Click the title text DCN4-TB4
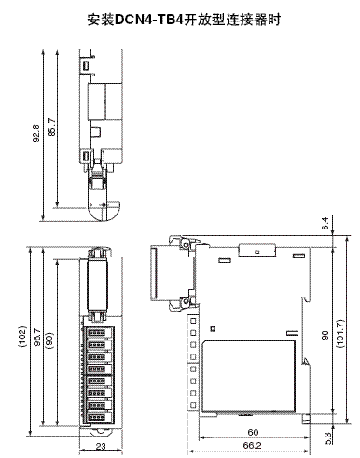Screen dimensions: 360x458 (148, 20)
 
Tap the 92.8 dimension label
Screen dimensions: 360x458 (36, 133)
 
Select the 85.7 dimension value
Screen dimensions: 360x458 (52, 127)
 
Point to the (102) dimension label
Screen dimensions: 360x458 (22, 337)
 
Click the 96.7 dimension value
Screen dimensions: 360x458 (36, 338)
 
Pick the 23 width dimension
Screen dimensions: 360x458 (101, 446)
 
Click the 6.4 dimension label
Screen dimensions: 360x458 (325, 223)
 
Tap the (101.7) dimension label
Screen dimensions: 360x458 (340, 333)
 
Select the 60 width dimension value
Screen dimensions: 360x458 (253, 432)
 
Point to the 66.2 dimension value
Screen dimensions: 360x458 (252, 446)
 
